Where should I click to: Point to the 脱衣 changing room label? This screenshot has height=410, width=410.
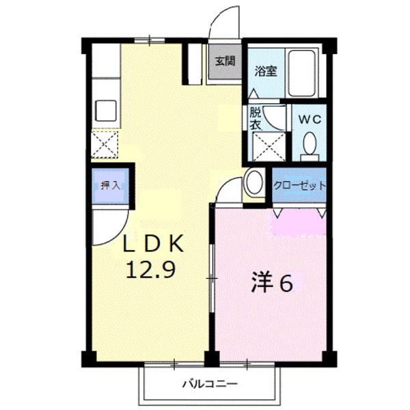click(x=256, y=119)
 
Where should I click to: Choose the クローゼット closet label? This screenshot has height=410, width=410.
click(x=299, y=185)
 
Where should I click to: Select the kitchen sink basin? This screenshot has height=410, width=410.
click(x=107, y=109)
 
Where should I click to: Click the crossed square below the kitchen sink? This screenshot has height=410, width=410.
click(x=106, y=143)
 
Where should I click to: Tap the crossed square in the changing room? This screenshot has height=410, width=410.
click(x=264, y=144)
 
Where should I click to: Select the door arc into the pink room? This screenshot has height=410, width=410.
click(x=229, y=191)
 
